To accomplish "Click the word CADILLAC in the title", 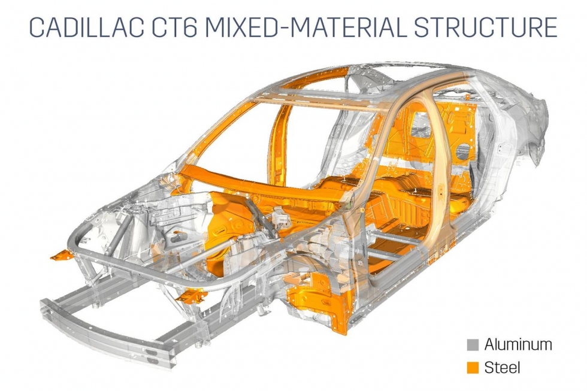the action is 86,28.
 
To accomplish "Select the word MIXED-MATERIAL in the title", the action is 306,28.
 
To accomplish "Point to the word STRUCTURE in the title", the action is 486,28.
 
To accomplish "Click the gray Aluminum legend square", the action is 473,345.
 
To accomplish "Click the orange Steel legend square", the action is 473,368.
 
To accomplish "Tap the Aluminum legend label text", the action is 518,345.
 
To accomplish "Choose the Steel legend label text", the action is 502,367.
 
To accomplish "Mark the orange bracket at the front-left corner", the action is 62,255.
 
